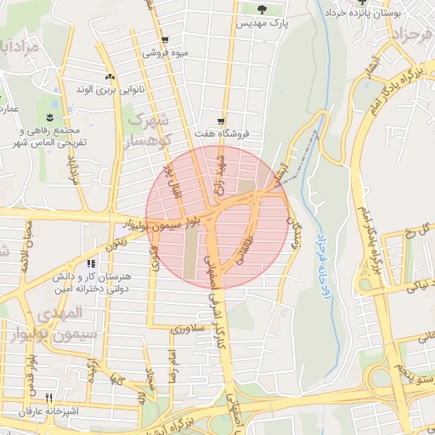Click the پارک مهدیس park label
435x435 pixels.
[266, 23]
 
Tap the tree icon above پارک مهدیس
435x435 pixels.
[259, 9]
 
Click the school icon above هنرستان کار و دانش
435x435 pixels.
[91, 264]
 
